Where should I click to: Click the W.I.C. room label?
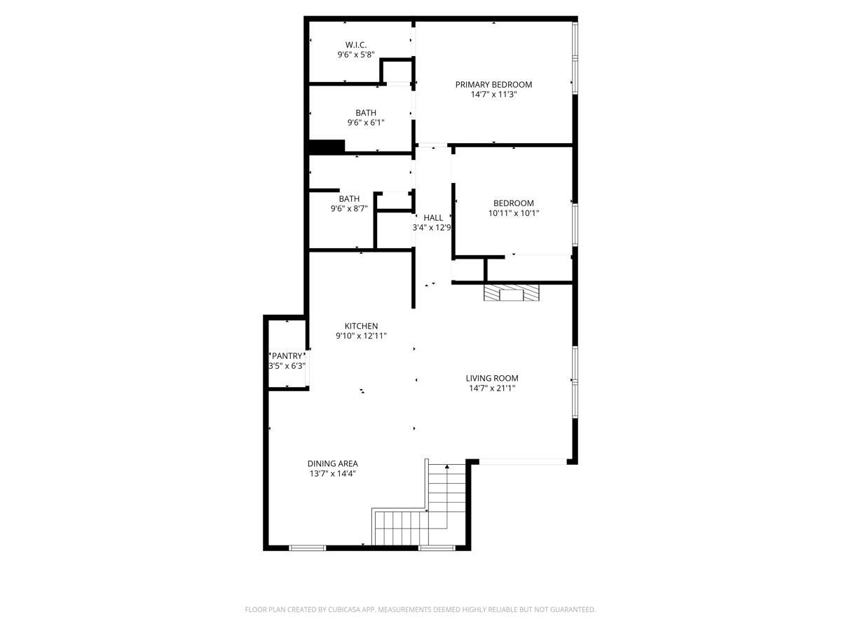pos(356,45)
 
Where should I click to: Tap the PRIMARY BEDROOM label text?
pos(493,85)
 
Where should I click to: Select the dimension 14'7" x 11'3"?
pos(493,94)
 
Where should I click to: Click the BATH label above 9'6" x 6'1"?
pos(365,113)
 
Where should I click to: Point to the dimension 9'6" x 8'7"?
pos(349,208)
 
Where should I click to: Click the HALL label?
pos(432,218)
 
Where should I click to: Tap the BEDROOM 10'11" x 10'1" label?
pos(513,203)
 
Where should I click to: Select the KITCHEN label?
pos(361,326)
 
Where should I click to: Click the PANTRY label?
pos(287,356)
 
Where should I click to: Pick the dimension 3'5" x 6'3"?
pos(287,366)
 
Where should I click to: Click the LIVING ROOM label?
pos(491,379)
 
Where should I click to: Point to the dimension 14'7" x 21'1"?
pos(491,388)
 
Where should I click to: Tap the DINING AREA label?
pos(332,463)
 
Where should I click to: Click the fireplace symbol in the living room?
pos(512,293)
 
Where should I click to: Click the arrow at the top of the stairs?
pos(446,466)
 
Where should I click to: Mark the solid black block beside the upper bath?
pos(327,147)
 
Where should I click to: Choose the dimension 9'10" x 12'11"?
pos(361,336)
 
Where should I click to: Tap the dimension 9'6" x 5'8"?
pos(356,54)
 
